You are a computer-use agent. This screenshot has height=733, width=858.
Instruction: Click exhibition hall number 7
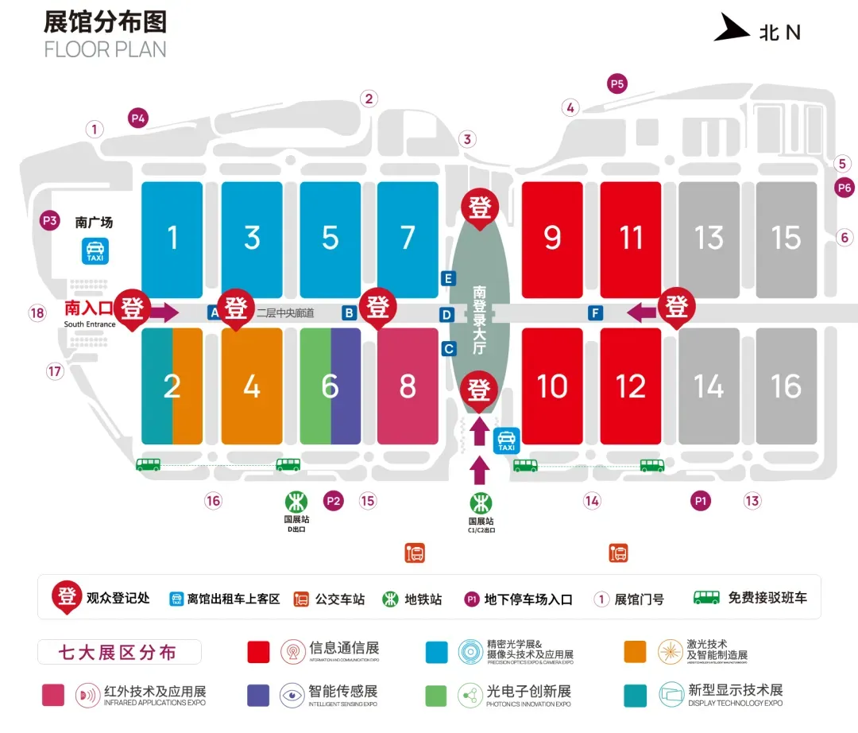[408, 237]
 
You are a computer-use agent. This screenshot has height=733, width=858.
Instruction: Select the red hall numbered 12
[631, 386]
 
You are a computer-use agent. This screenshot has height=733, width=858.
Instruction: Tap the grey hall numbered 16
[786, 386]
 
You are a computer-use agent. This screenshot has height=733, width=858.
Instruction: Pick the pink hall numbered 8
[408, 386]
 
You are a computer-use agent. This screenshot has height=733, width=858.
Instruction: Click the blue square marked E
[449, 278]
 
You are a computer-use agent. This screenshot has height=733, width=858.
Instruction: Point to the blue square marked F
[595, 313]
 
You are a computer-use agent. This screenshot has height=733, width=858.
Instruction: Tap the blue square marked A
[213, 313]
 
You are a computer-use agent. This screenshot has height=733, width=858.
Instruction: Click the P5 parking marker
[617, 83]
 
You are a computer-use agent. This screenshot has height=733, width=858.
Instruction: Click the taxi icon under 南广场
[96, 251]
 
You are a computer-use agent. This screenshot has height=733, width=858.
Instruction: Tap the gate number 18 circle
[37, 312]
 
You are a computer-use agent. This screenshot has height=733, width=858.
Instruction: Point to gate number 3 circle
[467, 140]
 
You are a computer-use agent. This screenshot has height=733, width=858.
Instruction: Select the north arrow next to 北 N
[732, 29]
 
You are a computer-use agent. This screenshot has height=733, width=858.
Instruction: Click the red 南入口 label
[89, 308]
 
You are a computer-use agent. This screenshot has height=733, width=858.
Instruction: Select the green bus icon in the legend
[706, 597]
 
